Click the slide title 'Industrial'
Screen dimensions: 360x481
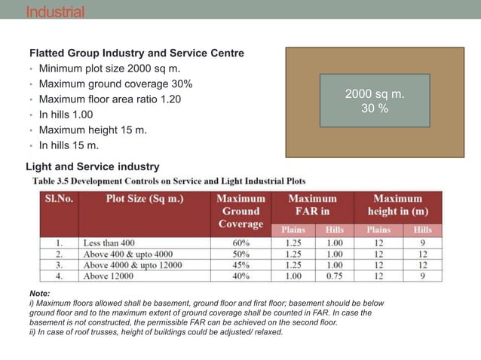[55, 12]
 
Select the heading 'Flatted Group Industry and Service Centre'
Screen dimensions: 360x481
[136, 53]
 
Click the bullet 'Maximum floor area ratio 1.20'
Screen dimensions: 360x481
[110, 99]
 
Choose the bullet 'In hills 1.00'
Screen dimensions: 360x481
[66, 114]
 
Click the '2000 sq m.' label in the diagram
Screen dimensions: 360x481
[375, 94]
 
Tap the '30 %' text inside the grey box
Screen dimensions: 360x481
[375, 108]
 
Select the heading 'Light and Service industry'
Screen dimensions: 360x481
[93, 166]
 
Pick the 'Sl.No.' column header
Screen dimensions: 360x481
[59, 199]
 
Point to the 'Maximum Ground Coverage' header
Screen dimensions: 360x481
[240, 211]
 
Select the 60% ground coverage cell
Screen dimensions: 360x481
[241, 243]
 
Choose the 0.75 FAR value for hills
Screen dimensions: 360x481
[334, 276]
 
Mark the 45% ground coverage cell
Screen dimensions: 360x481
[241, 265]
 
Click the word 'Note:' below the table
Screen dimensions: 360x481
[39, 293]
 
